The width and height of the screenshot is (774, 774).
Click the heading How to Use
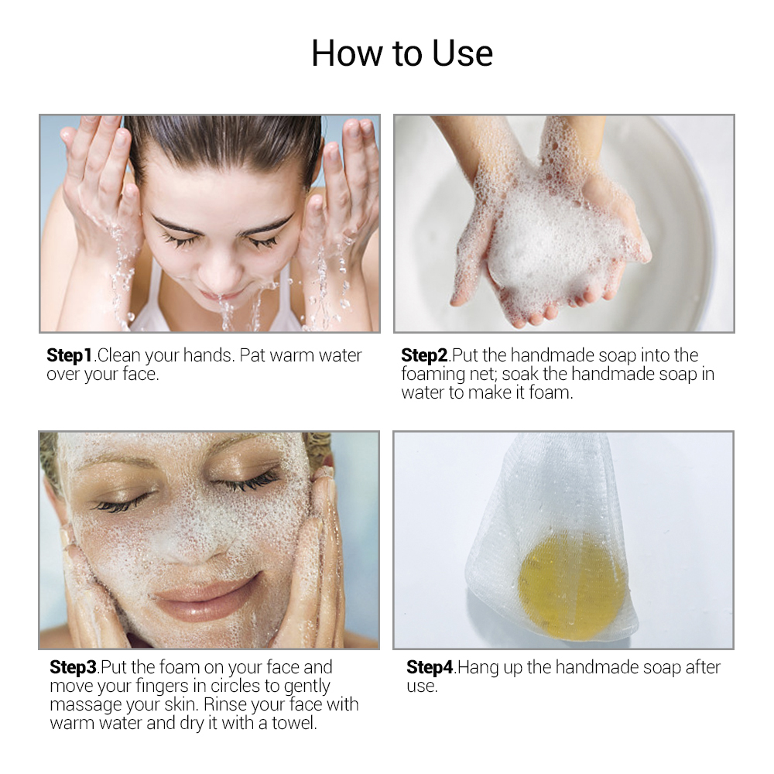coord(402,53)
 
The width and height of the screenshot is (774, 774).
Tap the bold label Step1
coord(70,356)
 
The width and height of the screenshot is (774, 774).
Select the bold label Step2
coord(424,356)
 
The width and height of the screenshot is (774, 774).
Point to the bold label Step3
coord(73,667)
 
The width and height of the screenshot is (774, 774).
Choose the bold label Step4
coord(430,667)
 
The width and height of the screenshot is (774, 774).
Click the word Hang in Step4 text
coord(478,667)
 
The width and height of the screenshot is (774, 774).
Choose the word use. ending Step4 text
coord(423,687)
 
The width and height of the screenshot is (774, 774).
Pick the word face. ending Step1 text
coord(141,375)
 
